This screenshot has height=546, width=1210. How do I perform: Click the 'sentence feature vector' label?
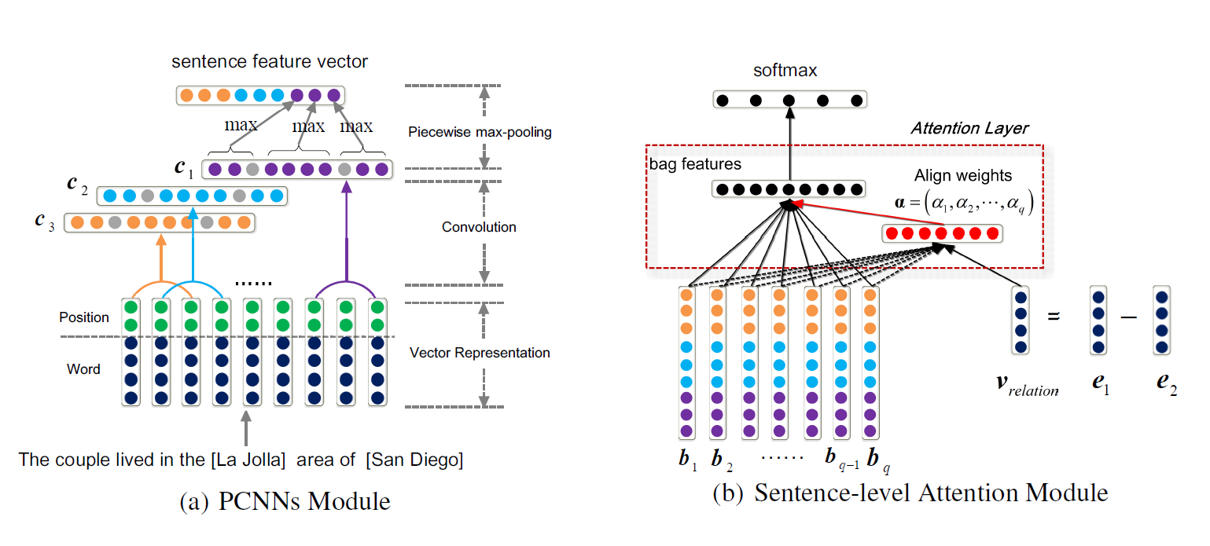tap(270, 61)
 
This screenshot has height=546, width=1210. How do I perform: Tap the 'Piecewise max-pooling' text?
tap(480, 132)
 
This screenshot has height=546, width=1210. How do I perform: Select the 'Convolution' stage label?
tap(479, 227)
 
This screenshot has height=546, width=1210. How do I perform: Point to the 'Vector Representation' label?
tap(480, 353)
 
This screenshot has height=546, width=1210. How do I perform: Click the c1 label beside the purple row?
tap(184, 167)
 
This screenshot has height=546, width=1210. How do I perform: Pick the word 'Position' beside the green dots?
tap(84, 317)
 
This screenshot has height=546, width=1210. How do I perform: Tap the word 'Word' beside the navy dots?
tap(83, 368)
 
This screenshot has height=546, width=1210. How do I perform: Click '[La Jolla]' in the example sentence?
tap(250, 460)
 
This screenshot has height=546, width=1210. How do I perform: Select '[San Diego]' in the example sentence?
tap(414, 460)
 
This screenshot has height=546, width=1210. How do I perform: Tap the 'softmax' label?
tap(785, 71)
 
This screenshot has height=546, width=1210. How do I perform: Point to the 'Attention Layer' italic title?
tap(969, 128)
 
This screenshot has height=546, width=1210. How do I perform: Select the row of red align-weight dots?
tap(941, 233)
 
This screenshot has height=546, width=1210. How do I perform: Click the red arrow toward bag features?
tap(865, 213)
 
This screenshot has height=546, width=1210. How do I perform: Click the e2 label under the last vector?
tap(1166, 386)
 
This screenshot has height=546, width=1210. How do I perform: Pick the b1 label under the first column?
tap(687, 460)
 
